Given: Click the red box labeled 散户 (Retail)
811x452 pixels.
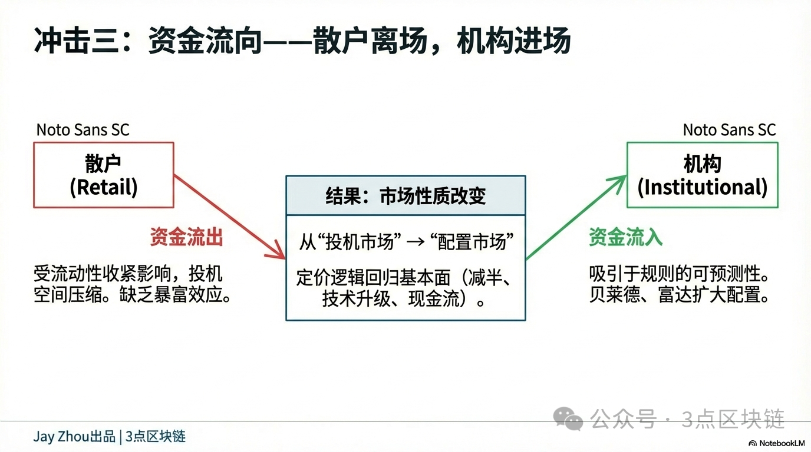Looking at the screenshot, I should [104, 175].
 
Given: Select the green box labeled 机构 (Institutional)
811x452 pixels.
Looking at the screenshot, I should [702, 175].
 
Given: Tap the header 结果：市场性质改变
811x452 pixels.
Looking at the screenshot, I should [405, 195].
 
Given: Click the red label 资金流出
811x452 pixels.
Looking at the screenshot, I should [186, 237].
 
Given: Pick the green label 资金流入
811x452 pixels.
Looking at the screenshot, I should [625, 237].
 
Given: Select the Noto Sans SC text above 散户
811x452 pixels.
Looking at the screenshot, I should [83, 129].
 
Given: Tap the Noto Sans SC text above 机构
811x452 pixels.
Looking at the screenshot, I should [729, 129].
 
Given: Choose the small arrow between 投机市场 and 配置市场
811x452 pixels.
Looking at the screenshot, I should [416, 242].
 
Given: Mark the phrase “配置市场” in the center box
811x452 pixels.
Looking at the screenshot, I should [472, 242].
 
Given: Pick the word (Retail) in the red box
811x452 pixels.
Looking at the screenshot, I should [104, 187].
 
